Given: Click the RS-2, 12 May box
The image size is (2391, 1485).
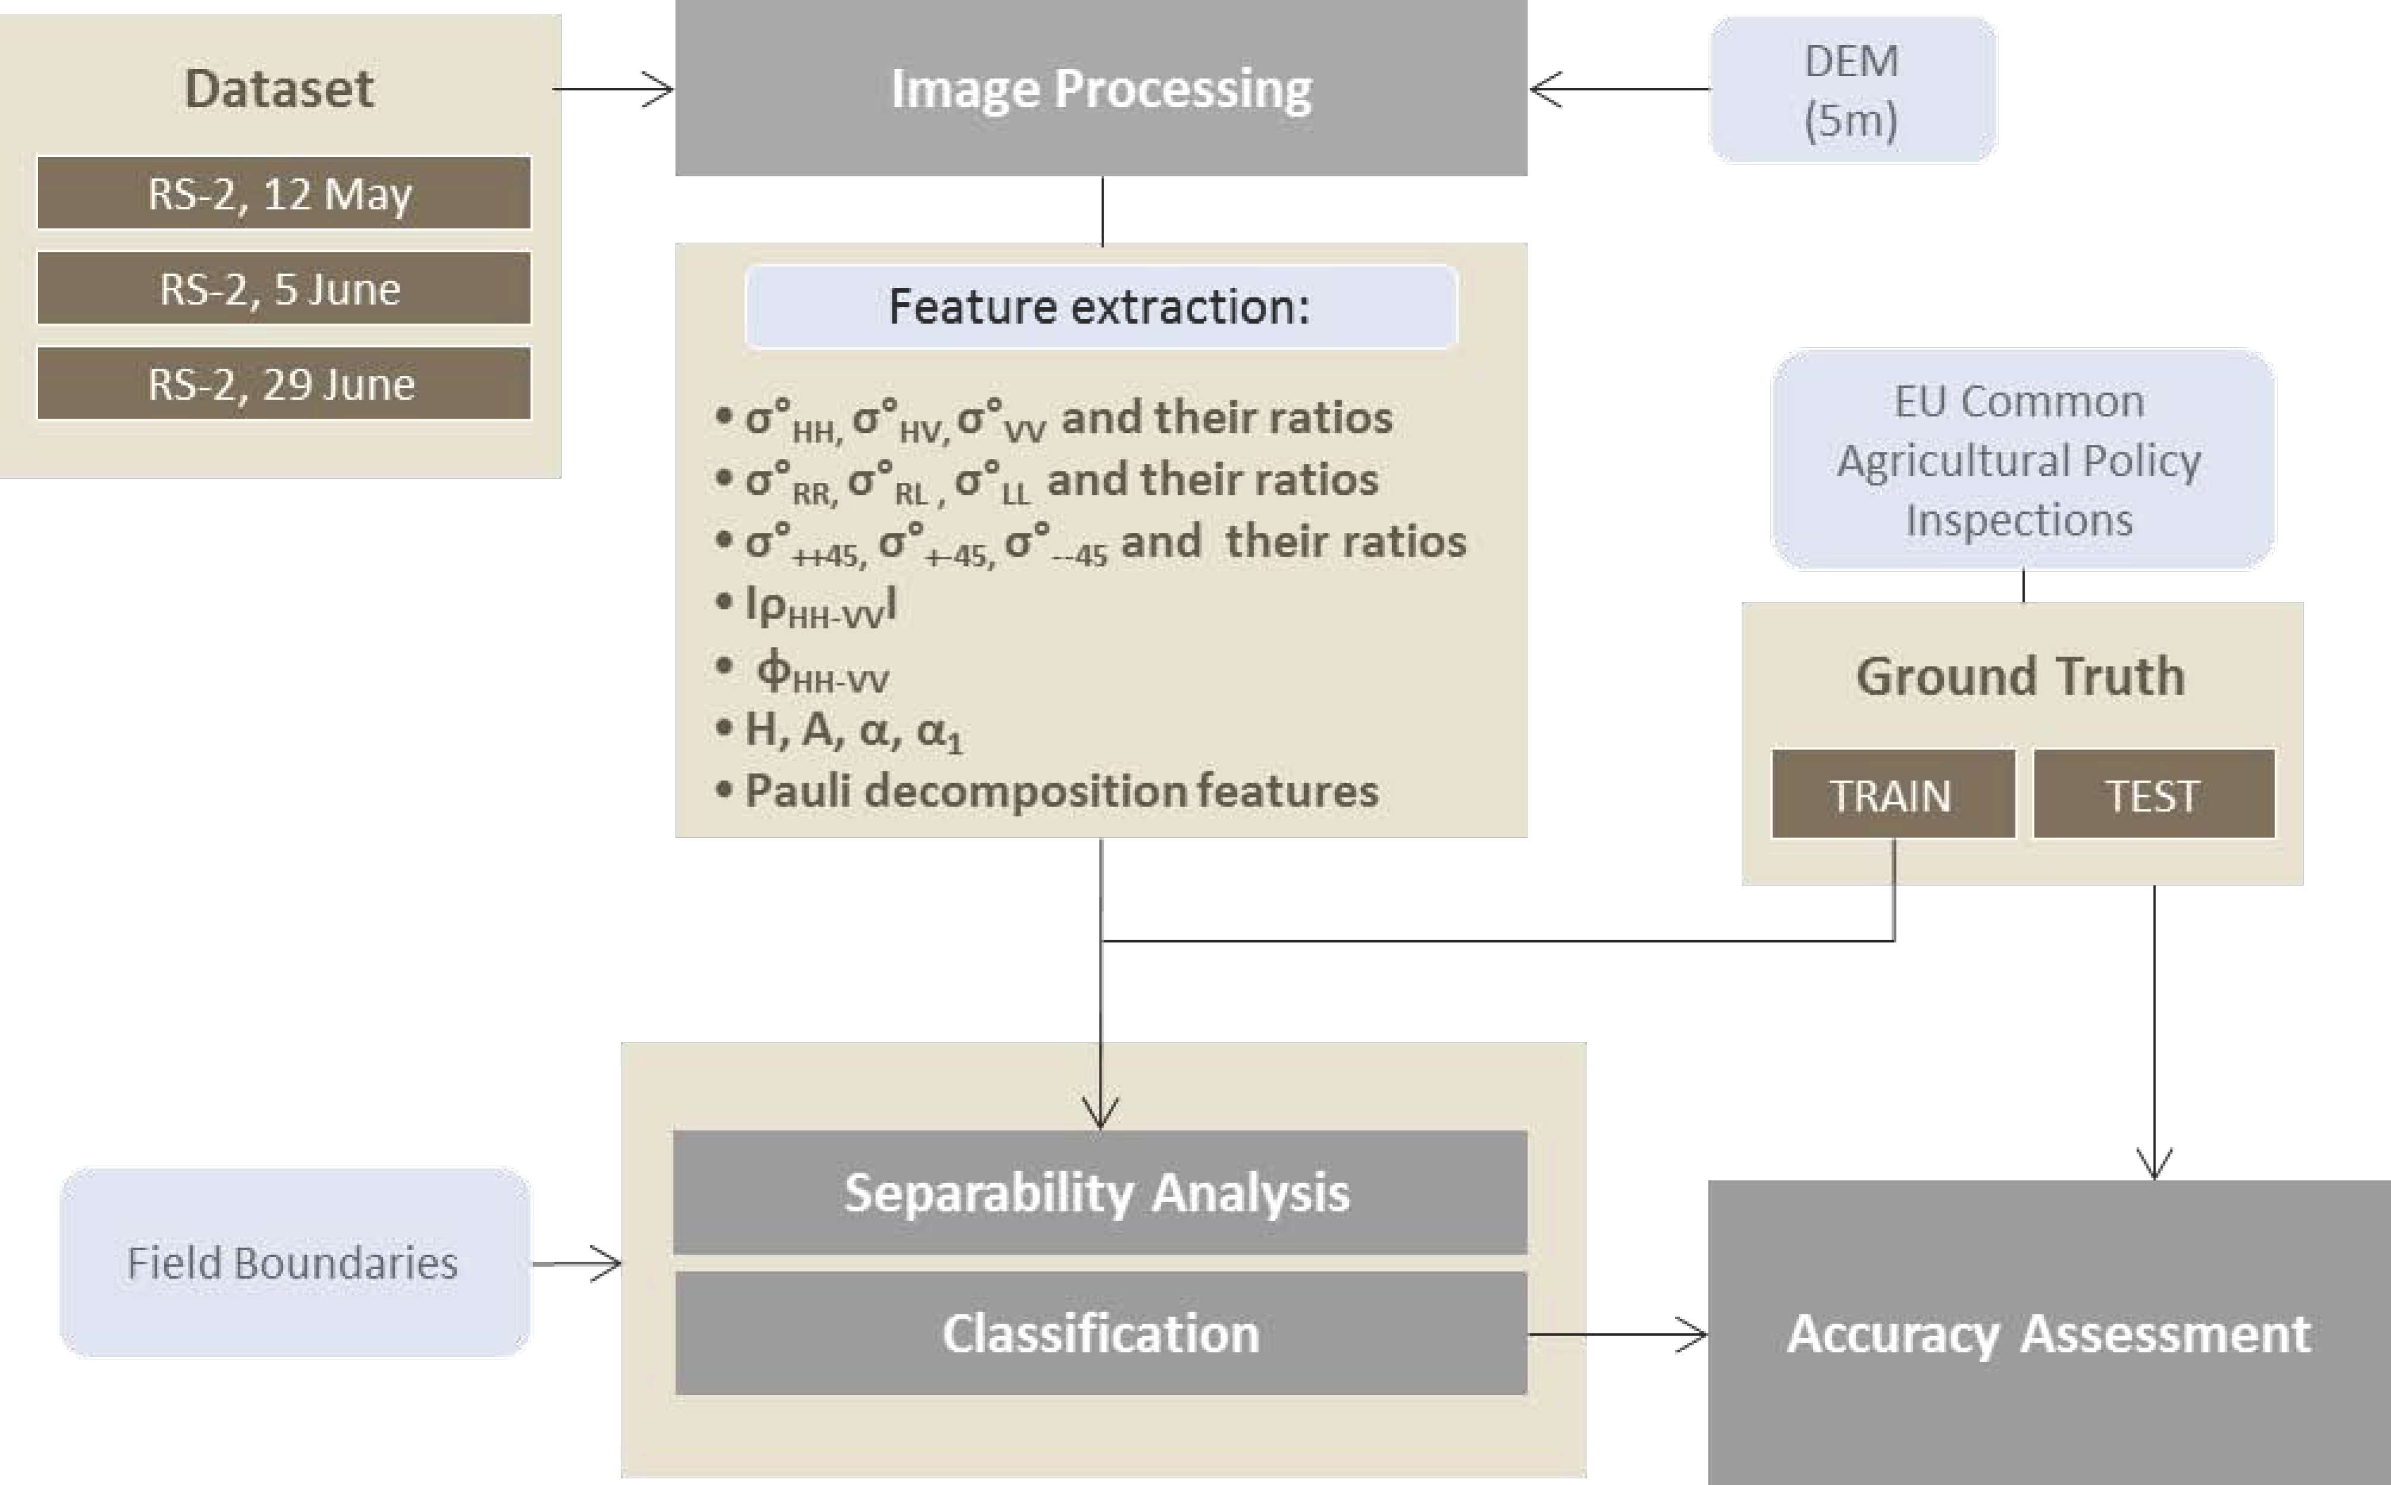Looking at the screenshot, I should pos(284,193).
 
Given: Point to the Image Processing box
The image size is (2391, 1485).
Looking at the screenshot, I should pos(1101,89).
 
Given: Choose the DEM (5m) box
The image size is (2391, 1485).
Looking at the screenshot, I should pos(1852,89).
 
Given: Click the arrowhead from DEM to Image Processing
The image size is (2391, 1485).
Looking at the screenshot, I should pos(1545,89).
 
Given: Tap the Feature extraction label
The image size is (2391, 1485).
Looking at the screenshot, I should pos(1099,306).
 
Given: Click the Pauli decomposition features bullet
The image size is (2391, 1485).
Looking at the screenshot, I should pos(1060,790).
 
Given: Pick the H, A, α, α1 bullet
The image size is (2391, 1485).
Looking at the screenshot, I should pos(852,730).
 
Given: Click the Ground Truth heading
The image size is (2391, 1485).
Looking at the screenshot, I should pos(2021,676).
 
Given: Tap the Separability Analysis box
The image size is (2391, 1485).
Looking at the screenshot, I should pos(1099,1192).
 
